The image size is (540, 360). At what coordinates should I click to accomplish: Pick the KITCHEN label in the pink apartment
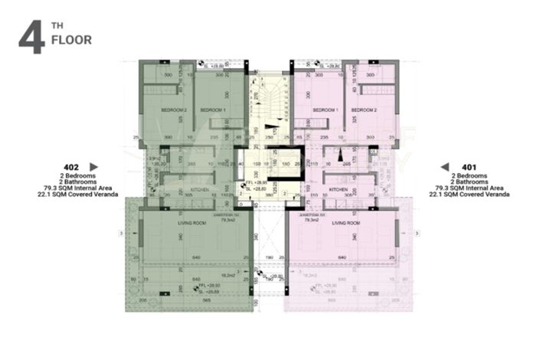[x=339, y=188]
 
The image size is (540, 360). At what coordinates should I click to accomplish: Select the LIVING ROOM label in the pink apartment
[x=346, y=223]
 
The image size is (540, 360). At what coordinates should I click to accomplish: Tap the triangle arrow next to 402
[x=94, y=166]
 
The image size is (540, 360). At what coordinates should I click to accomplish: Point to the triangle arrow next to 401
[x=444, y=166]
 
